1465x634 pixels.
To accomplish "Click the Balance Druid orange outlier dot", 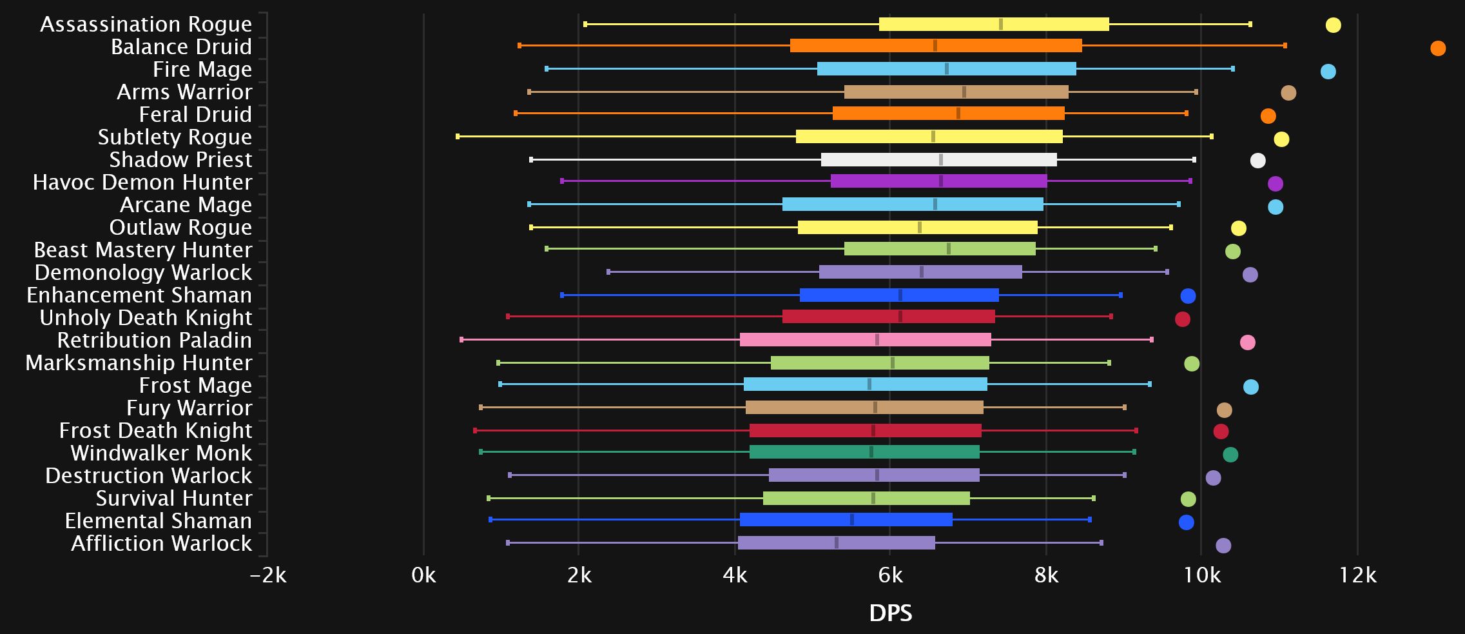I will [1437, 48].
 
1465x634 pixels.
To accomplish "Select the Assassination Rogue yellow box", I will [993, 25].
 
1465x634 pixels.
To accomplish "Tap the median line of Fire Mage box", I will [946, 69].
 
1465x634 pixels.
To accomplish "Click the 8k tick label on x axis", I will [1045, 575].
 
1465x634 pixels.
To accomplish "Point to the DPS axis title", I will [890, 613].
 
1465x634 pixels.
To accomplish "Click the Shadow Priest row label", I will [180, 159].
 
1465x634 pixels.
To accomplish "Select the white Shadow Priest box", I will [938, 160].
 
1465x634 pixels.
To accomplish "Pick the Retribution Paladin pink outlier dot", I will [1247, 342].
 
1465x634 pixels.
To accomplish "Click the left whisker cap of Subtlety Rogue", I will [458, 137].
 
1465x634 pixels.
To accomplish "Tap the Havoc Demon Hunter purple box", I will [938, 181].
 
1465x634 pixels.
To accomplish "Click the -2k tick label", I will [268, 575].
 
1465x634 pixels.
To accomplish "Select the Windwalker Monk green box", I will [864, 452].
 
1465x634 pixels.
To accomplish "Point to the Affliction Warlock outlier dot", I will [1223, 546].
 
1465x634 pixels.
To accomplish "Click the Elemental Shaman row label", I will [158, 520].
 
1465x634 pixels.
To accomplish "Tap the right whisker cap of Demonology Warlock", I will [1167, 272].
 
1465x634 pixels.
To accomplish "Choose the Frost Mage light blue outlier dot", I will [1250, 387].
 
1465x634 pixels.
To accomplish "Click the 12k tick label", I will [1357, 575].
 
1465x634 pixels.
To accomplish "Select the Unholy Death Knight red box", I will [888, 317].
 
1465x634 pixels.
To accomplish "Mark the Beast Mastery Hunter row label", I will [142, 250].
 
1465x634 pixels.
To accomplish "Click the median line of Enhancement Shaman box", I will [900, 295].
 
